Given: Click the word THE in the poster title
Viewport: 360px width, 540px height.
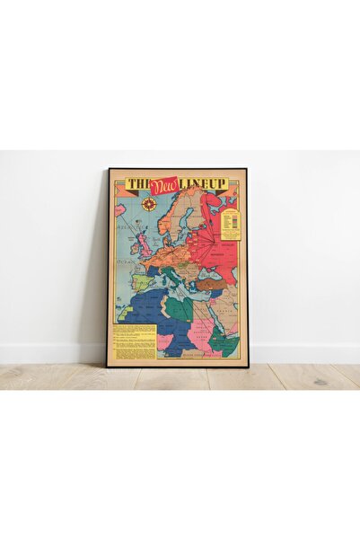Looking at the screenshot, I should tap(137, 184).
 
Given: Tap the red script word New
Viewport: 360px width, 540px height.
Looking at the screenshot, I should tap(165, 185).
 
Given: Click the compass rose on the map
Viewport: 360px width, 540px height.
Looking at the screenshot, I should tap(149, 203).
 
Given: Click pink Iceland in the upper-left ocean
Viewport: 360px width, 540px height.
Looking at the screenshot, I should tap(120, 209).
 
